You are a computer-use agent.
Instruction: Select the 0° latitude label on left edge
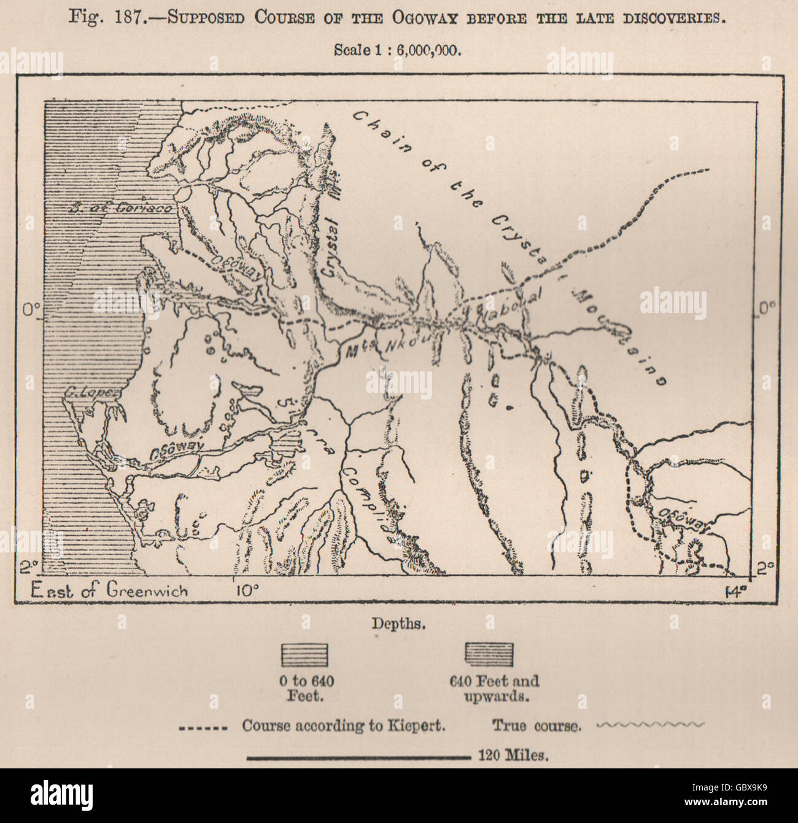pos(29,311)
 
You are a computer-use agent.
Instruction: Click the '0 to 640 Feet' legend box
pos(304,655)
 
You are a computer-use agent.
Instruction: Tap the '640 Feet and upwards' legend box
pos(489,655)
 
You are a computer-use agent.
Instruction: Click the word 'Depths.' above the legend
pos(398,624)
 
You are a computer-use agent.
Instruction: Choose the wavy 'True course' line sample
pos(651,725)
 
